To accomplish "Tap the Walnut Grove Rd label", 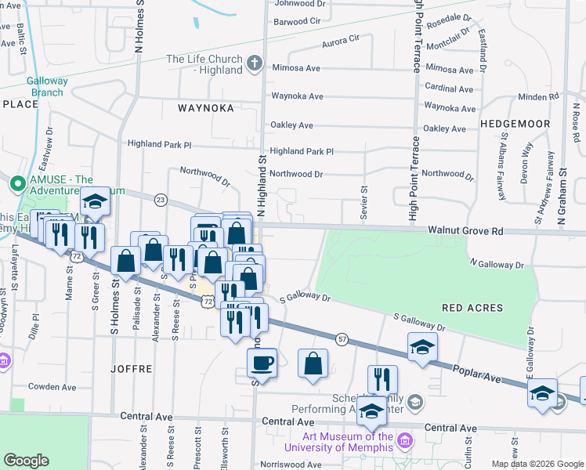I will pyautogui.click(x=465, y=231).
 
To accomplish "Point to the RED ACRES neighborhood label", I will pyautogui.click(x=475, y=309).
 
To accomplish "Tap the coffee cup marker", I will pyautogui.click(x=262, y=363).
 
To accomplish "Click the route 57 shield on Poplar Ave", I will pyautogui.click(x=342, y=338).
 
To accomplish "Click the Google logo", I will pyautogui.click(x=27, y=461).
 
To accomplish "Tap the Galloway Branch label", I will pyautogui.click(x=46, y=86).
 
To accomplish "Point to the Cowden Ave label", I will pyautogui.click(x=52, y=387).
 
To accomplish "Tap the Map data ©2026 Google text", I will pyautogui.click(x=537, y=464).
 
